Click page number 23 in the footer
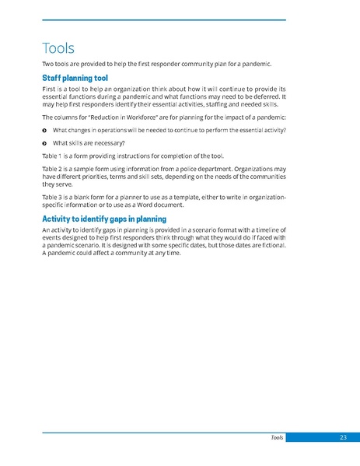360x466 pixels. tap(343, 438)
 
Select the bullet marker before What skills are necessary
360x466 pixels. tap(44, 142)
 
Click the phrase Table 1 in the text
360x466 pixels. tap(52, 156)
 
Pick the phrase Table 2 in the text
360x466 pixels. tap(52, 169)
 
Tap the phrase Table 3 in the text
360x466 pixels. tap(52, 197)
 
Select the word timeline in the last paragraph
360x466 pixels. tap(265, 231)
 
